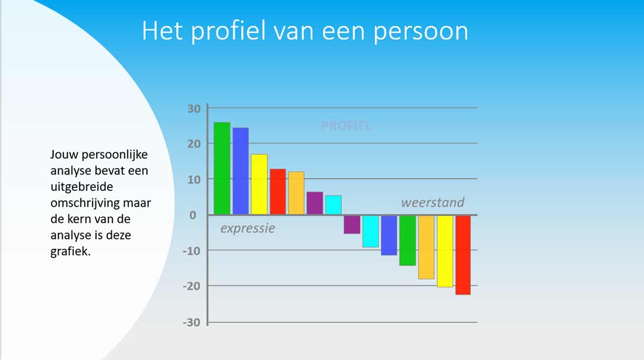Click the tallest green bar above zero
tap(222, 169)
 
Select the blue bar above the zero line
tap(240, 171)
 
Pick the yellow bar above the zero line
tap(259, 184)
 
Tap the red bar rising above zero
tap(278, 191)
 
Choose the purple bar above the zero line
tap(314, 203)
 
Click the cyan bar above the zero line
tap(334, 205)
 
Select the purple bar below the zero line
tap(352, 225)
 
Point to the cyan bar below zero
tap(371, 231)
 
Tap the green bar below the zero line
tap(407, 241)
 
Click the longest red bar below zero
tap(463, 255)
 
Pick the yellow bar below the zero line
tap(445, 251)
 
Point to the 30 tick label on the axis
tap(194, 109)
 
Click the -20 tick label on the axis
tap(191, 286)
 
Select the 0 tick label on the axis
tap(193, 215)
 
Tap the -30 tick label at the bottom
tap(191, 322)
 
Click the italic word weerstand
tap(433, 203)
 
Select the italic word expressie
tap(248, 229)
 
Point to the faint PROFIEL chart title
tap(346, 126)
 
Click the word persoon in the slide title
tap(421, 32)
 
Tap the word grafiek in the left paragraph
tap(70, 251)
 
